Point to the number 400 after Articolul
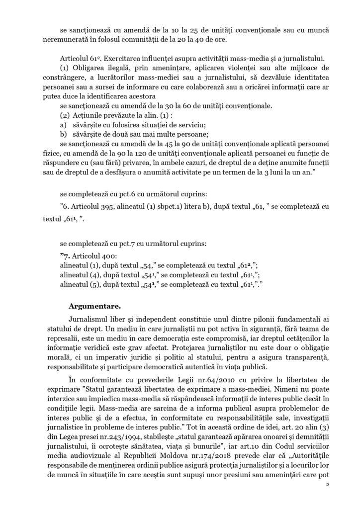106,255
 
